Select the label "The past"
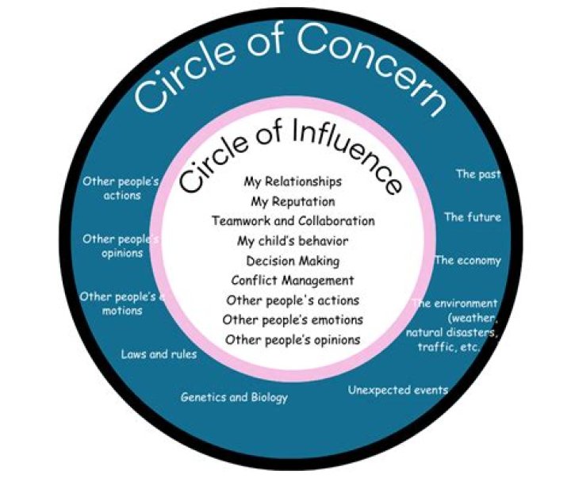tap(477, 174)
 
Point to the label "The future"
tap(472, 217)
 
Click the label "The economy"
tap(468, 260)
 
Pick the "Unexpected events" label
tap(398, 390)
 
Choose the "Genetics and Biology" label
tap(234, 397)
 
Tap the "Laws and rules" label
tap(159, 354)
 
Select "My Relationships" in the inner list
tap(293, 182)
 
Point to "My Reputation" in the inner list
tap(293, 201)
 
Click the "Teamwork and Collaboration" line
tap(293, 220)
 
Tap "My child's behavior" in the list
tap(293, 240)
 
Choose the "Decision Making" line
tap(293, 260)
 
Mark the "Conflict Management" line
tap(293, 280)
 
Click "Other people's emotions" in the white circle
tap(293, 319)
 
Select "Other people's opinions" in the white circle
tap(293, 339)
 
